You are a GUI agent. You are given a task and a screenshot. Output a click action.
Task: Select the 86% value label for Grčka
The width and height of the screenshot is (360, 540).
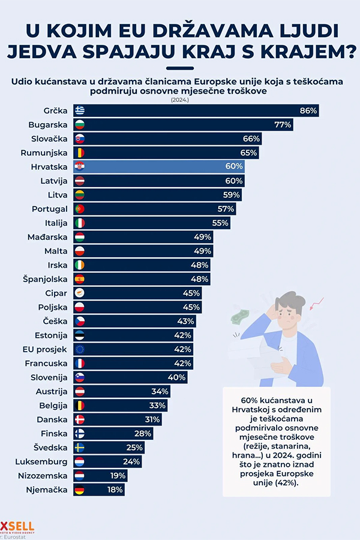(308, 111)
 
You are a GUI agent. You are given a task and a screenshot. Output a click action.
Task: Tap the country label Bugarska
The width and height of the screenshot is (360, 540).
(47, 125)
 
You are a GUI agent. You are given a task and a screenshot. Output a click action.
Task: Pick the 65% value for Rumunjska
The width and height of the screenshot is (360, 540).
(249, 152)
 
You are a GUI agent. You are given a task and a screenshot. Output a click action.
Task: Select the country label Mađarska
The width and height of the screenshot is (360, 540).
(47, 236)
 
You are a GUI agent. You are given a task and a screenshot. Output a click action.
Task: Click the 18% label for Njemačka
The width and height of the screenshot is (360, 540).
(115, 490)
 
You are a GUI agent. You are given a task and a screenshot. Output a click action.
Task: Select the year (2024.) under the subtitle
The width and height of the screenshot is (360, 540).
(180, 100)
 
